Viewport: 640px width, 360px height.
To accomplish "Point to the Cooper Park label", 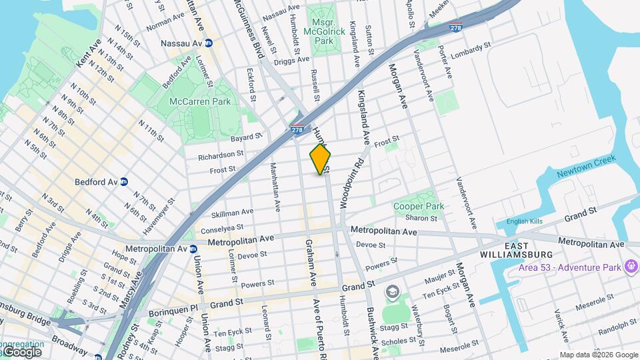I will [x=418, y=207].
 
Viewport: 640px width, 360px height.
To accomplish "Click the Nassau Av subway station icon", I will [x=208, y=43].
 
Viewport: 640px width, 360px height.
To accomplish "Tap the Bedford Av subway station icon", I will [x=124, y=181].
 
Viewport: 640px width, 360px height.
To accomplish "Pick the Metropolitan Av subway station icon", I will [x=193, y=249].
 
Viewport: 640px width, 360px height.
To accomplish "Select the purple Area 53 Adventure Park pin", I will [x=629, y=267].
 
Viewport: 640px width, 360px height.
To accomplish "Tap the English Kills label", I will [x=525, y=222].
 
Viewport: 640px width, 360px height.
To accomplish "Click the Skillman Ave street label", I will [x=232, y=213].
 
